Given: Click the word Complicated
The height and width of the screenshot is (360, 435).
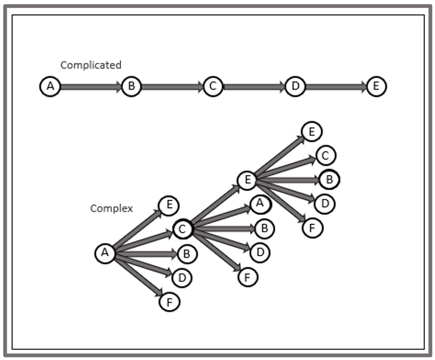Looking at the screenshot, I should pos(91,65).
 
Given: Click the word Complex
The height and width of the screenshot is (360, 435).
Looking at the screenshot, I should pos(112,208).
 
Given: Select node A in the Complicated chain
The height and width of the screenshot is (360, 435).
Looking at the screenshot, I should pos(50,87).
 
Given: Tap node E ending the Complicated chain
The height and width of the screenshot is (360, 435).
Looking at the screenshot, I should pos(376,87).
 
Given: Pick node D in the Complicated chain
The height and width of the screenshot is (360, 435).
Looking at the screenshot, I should pos(295,87).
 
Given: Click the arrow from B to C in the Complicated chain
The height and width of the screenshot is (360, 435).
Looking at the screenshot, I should pos(172,87).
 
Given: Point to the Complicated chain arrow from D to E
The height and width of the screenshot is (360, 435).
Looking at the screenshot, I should pos(336,87).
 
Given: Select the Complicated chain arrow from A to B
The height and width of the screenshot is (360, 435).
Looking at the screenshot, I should pos(91,87).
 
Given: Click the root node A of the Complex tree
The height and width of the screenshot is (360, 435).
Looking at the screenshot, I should pos(105,253).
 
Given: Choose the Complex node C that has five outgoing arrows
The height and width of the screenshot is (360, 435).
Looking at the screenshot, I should pos(183,229).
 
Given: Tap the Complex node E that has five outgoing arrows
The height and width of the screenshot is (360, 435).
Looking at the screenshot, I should pos(247,180).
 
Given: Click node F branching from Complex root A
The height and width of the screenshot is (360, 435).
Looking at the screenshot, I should pos(169,302).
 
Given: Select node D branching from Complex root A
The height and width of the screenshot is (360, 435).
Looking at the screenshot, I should pos(182,278).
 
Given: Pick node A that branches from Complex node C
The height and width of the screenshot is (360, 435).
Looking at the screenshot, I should pos(259,204).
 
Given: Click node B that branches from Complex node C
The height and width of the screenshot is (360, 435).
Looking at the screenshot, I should pos(264,229).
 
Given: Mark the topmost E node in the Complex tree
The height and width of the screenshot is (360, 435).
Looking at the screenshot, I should pos(312,132).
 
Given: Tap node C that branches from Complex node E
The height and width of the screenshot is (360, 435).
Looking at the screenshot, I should pos(325,155).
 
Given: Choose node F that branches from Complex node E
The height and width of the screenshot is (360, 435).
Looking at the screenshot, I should pos(312,228).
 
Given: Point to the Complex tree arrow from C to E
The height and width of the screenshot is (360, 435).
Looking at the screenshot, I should pos(215,205).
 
